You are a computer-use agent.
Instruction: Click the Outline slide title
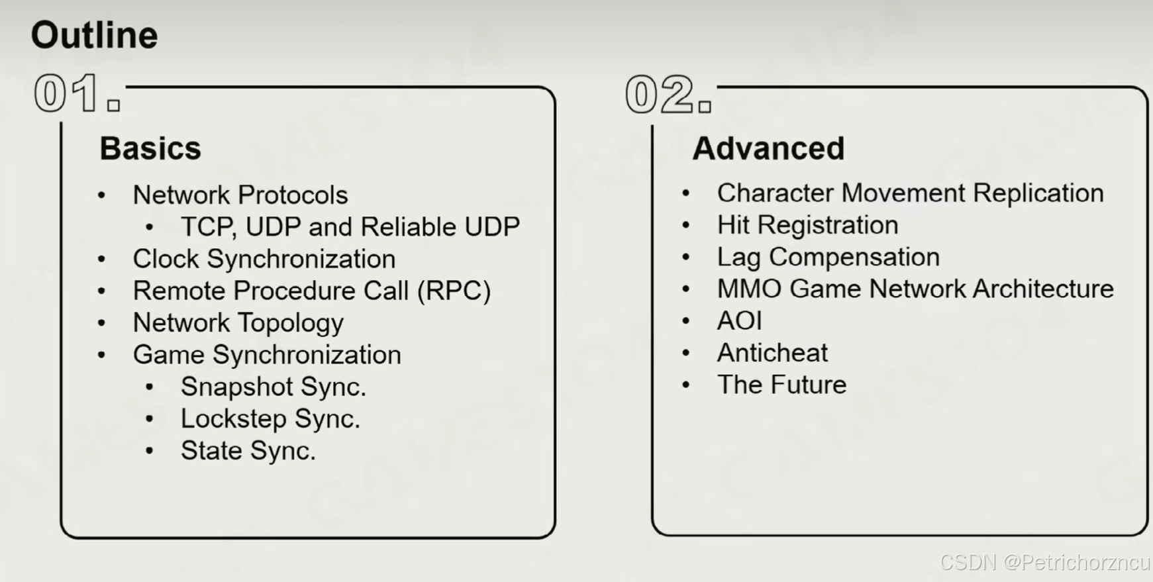click(94, 35)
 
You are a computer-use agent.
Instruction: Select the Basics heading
click(150, 148)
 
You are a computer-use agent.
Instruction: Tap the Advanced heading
click(768, 148)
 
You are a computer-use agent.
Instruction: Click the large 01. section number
click(77, 93)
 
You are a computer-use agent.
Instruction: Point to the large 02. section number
click(668, 95)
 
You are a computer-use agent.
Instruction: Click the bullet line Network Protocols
click(240, 195)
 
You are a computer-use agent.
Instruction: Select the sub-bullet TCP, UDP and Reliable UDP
click(350, 227)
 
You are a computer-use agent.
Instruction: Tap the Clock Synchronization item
click(264, 259)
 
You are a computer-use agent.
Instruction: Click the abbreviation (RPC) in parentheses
click(454, 291)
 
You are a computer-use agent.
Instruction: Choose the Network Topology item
click(238, 323)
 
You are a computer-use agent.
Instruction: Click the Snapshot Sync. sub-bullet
click(274, 387)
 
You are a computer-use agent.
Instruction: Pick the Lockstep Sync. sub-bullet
click(271, 418)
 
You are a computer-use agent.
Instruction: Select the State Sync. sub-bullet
click(248, 451)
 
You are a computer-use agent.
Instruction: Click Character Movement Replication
click(911, 193)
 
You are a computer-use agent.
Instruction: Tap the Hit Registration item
click(808, 225)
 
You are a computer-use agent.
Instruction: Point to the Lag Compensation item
click(828, 257)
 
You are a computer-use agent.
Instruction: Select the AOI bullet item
click(740, 321)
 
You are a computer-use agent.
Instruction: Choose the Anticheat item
click(773, 353)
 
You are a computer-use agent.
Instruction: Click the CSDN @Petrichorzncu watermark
click(1045, 562)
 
